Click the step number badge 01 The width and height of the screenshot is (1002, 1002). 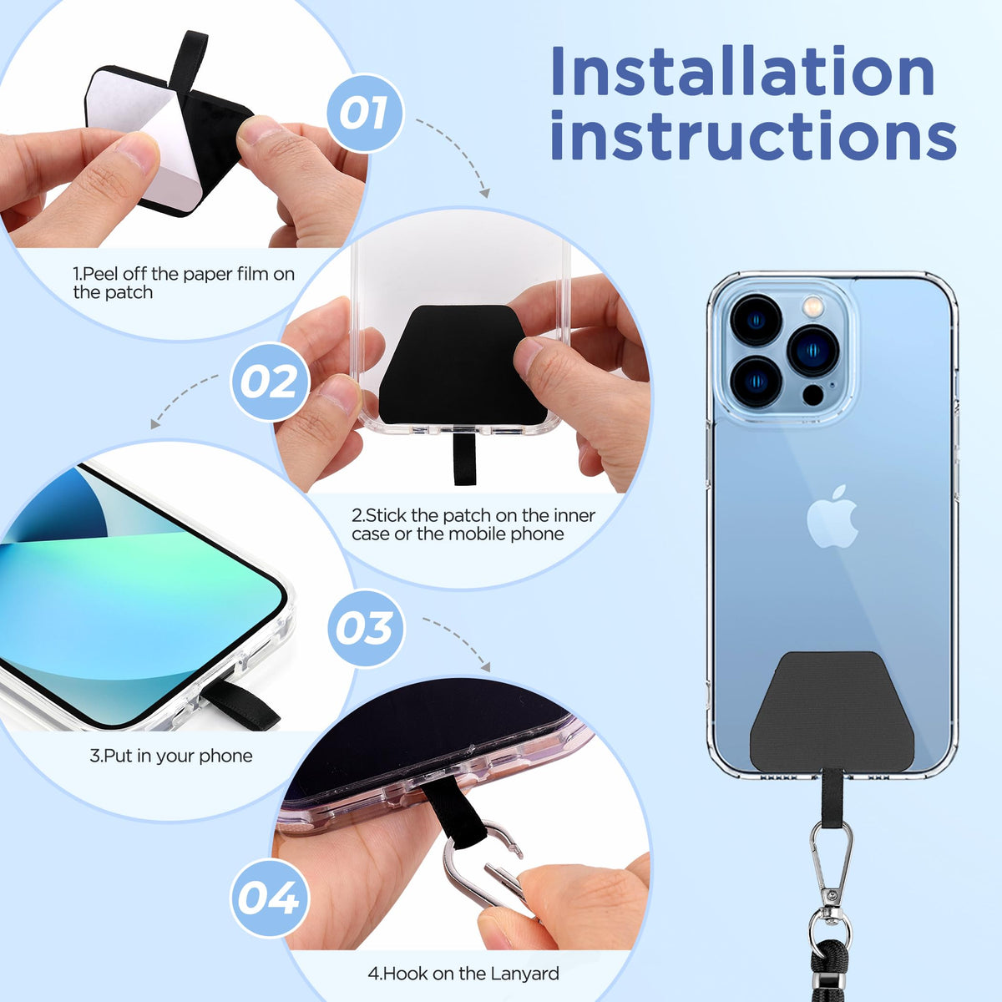click(x=365, y=113)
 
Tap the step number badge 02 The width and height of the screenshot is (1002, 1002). click(x=270, y=382)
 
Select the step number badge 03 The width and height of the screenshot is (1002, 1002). click(x=366, y=628)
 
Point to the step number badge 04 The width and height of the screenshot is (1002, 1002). click(x=270, y=898)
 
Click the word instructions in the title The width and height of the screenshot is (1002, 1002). click(x=753, y=136)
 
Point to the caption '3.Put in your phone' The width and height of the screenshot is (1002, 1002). click(x=171, y=756)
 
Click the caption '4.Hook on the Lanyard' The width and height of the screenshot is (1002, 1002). click(x=463, y=974)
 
